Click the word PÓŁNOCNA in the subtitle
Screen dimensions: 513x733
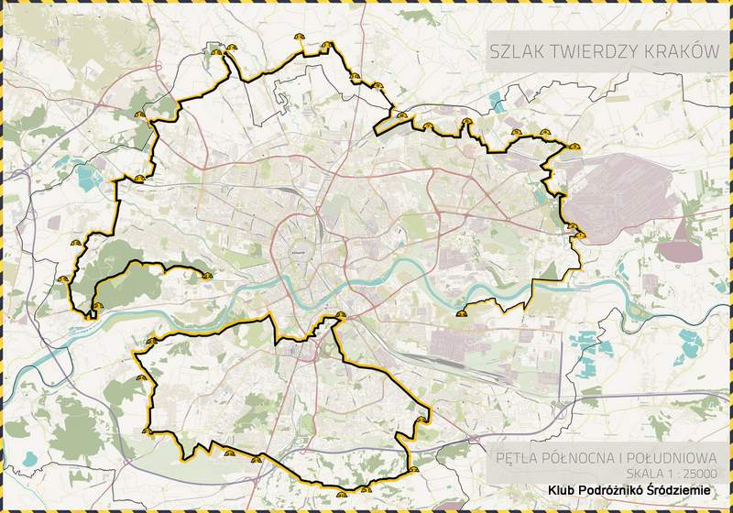(x=580, y=455)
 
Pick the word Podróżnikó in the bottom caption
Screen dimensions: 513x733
(x=614, y=491)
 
